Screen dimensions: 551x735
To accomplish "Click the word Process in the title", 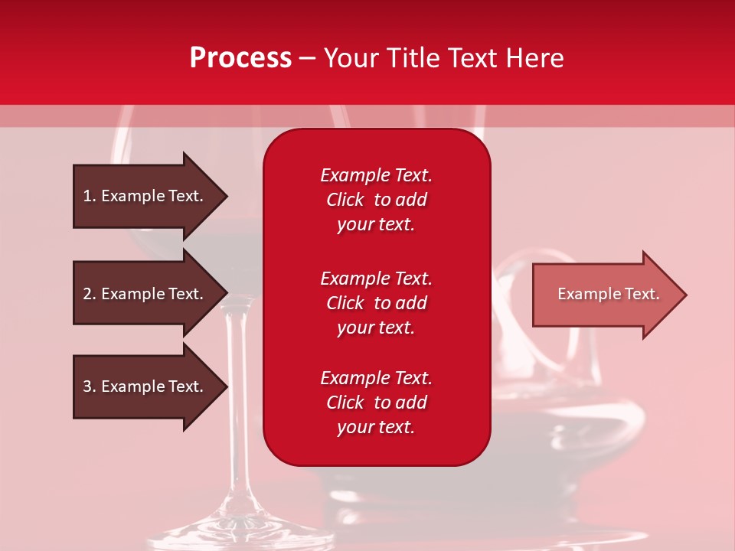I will point(240,58).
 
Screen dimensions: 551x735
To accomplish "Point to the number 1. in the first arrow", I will point(90,196).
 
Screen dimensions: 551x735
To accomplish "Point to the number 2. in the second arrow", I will point(90,294).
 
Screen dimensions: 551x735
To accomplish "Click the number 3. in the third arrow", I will point(90,386).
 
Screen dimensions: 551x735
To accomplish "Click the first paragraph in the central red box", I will point(376,200).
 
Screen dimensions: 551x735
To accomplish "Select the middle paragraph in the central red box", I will point(376,303).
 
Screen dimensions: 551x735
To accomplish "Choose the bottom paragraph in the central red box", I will point(376,403).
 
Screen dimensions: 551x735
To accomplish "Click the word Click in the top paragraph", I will point(345,200).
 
